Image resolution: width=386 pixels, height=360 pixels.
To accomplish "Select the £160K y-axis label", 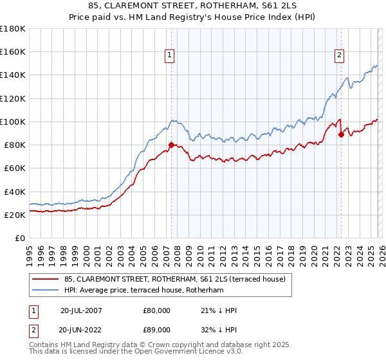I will (x=13, y=51).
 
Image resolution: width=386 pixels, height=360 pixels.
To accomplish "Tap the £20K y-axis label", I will (x=15, y=215).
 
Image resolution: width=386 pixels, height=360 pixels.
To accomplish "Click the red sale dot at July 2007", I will (x=171, y=145).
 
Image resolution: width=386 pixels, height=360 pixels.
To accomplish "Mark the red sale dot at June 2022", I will (x=341, y=134).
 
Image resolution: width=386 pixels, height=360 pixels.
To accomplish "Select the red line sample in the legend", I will (x=45, y=279).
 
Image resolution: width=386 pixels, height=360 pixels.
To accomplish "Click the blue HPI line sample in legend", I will (x=45, y=291).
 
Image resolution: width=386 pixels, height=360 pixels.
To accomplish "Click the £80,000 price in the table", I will (x=157, y=310).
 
